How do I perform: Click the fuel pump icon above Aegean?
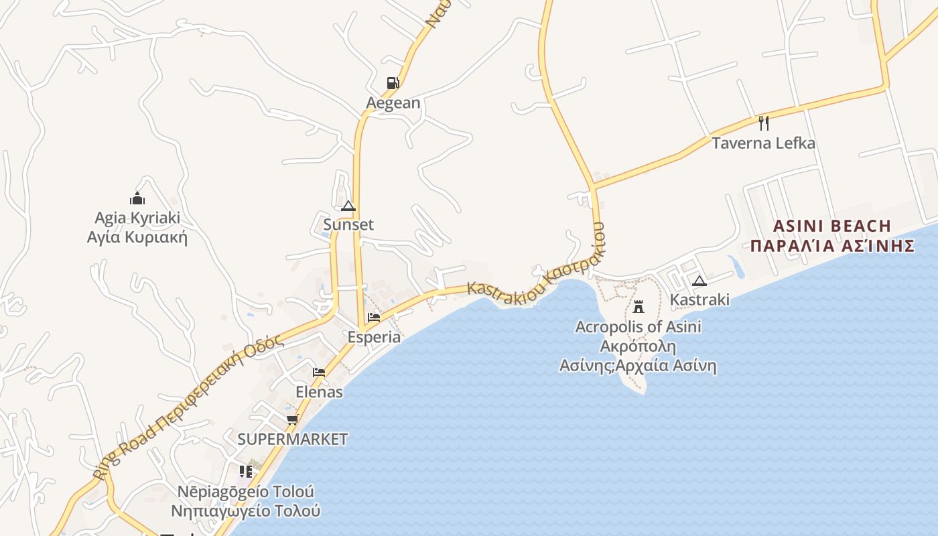[x=393, y=83]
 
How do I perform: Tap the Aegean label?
[x=393, y=103]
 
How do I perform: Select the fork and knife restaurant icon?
[x=763, y=123]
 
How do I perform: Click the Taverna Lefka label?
[x=763, y=143]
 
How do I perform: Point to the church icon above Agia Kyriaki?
[x=137, y=198]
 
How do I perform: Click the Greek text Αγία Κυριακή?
[x=137, y=237]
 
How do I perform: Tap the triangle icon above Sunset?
[x=348, y=206]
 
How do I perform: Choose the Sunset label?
[x=348, y=224]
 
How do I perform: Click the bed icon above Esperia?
[x=374, y=318]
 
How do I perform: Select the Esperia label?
[x=374, y=337]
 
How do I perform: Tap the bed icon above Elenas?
[x=319, y=373]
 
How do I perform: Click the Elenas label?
[x=319, y=392]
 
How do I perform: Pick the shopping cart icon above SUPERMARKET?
[x=292, y=420]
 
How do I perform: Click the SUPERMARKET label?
[x=293, y=440]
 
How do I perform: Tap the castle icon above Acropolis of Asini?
[x=639, y=307]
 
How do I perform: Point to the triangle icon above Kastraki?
[x=699, y=281]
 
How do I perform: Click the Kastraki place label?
[x=699, y=299]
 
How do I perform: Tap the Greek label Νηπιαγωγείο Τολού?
[x=245, y=511]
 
